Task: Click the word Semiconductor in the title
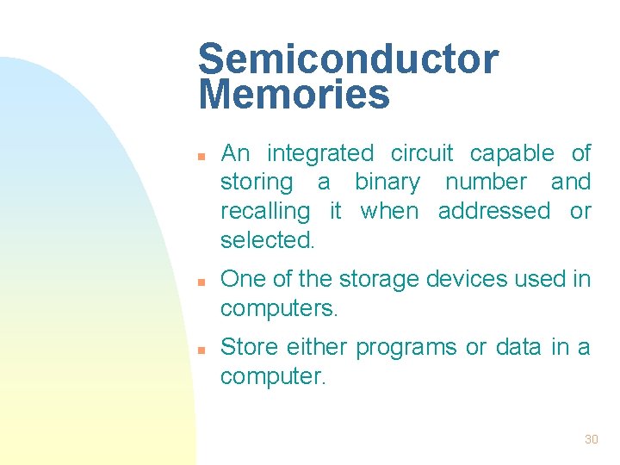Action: click(x=348, y=59)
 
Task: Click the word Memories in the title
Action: click(x=294, y=94)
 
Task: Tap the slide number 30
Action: click(x=591, y=439)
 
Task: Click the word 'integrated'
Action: click(x=320, y=154)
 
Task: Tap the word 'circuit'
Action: click(x=422, y=153)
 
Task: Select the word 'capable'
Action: click(x=512, y=154)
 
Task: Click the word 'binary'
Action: click(x=387, y=183)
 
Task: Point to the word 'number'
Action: click(x=486, y=182)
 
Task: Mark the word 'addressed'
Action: click(x=493, y=211)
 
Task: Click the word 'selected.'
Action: click(x=268, y=240)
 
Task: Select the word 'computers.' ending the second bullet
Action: click(x=279, y=308)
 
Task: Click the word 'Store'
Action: click(x=250, y=347)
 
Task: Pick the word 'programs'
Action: click(x=406, y=348)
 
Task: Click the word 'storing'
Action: click(x=257, y=183)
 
